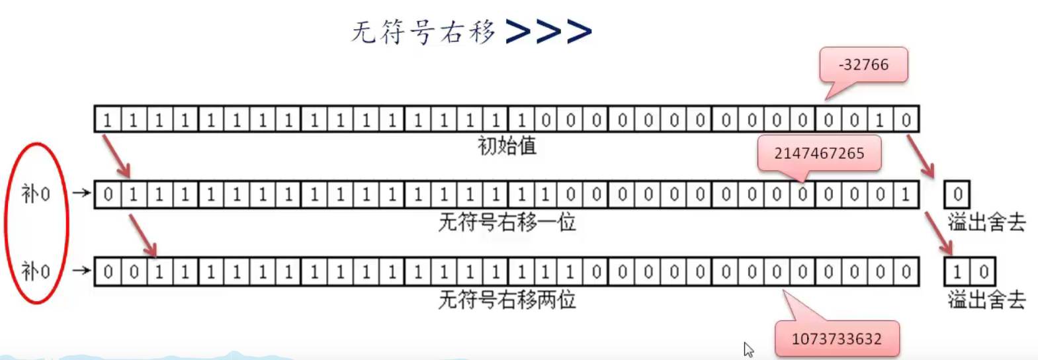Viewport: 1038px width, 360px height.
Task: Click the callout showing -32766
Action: click(863, 65)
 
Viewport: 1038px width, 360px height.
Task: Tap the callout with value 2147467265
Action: click(819, 154)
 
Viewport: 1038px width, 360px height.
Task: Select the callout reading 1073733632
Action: click(836, 339)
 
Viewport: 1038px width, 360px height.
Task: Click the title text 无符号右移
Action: click(423, 32)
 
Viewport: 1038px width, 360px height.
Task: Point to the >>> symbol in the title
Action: click(548, 31)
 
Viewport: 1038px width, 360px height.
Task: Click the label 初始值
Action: click(507, 146)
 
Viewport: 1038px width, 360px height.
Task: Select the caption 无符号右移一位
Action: click(507, 222)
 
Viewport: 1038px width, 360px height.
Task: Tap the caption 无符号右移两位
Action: click(507, 300)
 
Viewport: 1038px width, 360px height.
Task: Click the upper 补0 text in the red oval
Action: click(36, 194)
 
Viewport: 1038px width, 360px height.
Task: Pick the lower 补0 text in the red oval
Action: click(36, 271)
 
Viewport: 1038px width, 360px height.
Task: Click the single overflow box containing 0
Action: click(957, 195)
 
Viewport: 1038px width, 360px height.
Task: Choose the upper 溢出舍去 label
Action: click(986, 222)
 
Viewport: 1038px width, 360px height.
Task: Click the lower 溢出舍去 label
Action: click(986, 300)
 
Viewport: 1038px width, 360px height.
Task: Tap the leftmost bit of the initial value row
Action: click(107, 120)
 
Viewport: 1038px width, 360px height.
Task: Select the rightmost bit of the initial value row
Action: click(906, 120)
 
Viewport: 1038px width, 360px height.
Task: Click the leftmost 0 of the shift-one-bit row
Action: click(108, 195)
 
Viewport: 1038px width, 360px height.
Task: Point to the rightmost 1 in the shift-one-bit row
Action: click(906, 195)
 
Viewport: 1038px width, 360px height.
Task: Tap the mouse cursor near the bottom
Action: click(748, 349)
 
